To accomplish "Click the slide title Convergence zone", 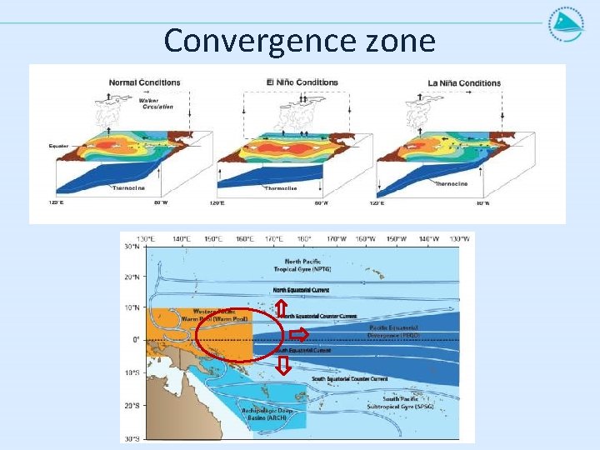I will [299, 39].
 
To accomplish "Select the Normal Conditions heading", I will [144, 82].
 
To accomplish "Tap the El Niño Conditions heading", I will [302, 82].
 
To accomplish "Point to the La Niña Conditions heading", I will [464, 83].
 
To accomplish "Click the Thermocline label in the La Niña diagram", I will [451, 184].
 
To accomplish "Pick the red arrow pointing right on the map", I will [299, 335].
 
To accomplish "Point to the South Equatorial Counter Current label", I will [350, 379].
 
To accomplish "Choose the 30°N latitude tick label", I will [131, 247].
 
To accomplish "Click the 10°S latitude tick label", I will [131, 372].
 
